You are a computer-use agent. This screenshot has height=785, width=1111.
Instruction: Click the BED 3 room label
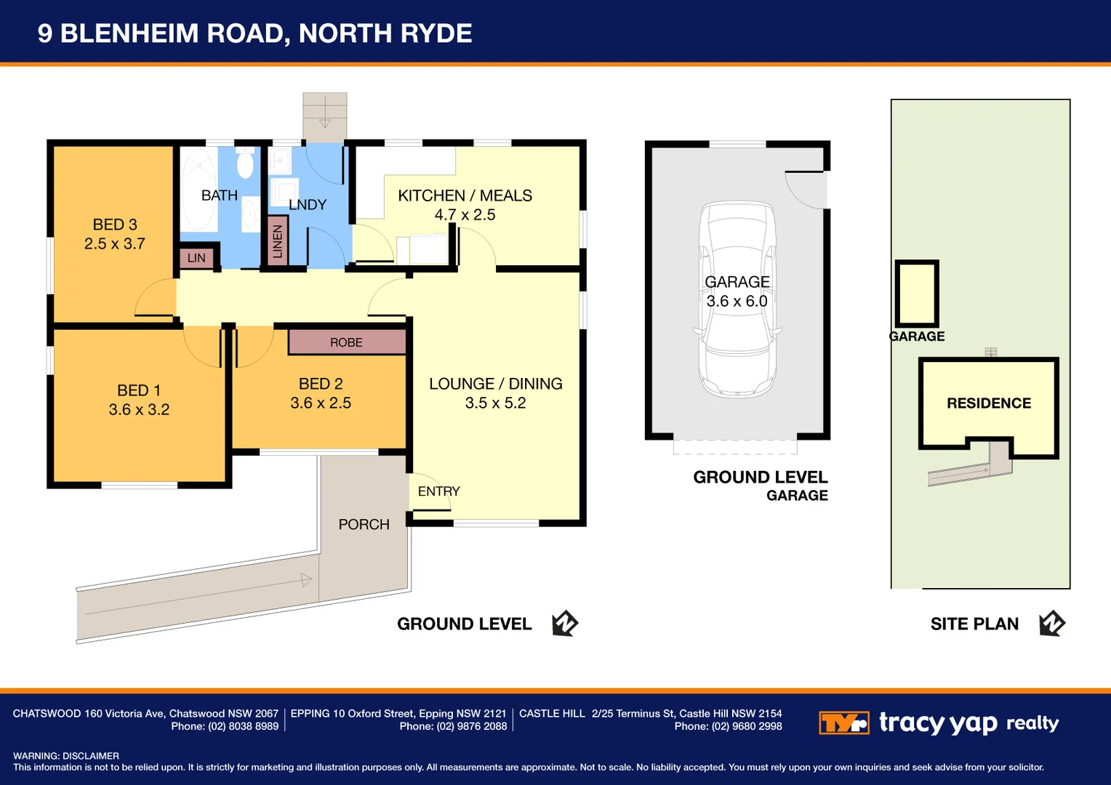[x=115, y=225]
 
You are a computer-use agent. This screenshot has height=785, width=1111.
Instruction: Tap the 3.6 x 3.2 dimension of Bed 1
[x=139, y=410]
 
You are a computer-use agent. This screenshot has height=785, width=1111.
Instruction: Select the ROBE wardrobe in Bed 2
[x=346, y=342]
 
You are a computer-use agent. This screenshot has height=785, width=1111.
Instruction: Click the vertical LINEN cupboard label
[x=277, y=241]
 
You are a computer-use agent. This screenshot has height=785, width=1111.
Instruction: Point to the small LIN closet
[x=196, y=258]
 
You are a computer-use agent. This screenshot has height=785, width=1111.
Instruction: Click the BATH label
[x=219, y=196]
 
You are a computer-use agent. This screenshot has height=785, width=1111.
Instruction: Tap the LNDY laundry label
[x=308, y=205]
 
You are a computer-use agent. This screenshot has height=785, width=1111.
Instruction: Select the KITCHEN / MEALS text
[x=465, y=196]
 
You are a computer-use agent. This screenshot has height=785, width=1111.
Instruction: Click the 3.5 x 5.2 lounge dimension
[x=495, y=403]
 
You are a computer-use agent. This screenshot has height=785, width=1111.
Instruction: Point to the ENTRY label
[x=438, y=491]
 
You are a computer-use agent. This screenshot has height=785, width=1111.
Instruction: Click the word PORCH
[x=364, y=525]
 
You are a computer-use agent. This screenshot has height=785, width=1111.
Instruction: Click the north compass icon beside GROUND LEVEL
[x=564, y=624]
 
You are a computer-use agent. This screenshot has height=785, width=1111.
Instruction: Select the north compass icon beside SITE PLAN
[x=1051, y=624]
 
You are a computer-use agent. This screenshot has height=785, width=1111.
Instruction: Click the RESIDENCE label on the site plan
[x=988, y=403]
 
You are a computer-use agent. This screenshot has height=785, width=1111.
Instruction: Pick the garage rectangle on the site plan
[x=917, y=293]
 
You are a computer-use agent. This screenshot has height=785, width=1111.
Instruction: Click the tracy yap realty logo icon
[x=843, y=723]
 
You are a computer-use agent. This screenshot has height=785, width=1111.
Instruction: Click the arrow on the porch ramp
[x=306, y=579]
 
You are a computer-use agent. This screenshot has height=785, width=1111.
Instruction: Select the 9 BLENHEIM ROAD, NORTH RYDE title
[x=254, y=33]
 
